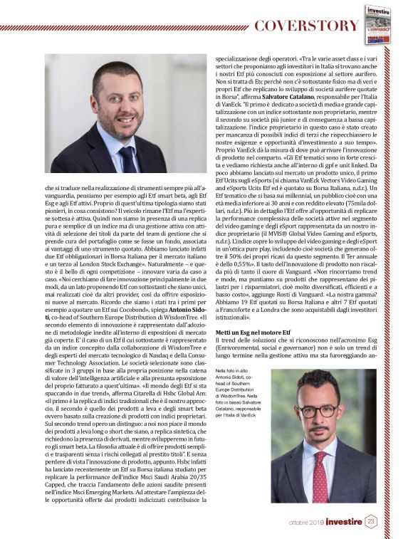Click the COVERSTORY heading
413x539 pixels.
click(x=306, y=26)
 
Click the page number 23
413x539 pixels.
click(x=371, y=521)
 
